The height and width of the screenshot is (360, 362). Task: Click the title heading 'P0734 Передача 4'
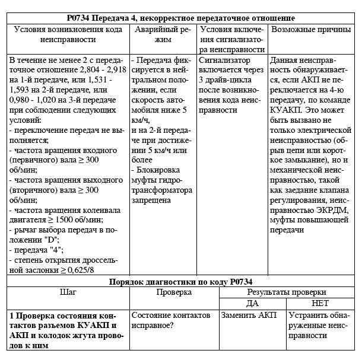coord(180,18)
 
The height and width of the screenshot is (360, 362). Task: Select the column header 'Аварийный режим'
coord(163,34)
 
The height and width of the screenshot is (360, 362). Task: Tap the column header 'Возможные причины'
coord(311,28)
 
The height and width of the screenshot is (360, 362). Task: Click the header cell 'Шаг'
coord(68,292)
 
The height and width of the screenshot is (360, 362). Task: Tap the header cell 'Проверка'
coord(174,292)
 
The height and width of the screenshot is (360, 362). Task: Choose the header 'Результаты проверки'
coord(287,292)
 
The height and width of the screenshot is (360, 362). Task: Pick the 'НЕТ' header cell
coord(320,303)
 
